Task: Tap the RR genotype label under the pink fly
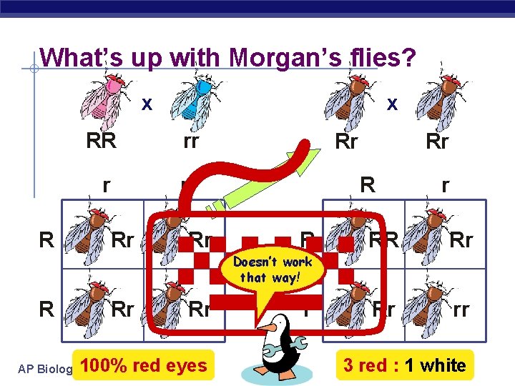pos(101,141)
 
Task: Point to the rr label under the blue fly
pos(190,141)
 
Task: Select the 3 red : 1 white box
pos(404,366)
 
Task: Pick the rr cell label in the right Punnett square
pos(461,310)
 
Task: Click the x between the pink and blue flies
pos(147,104)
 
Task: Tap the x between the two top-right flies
pos(391,104)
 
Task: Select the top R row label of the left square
pos(46,239)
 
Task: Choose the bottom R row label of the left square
pos(46,310)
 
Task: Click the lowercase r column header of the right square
pos(445,186)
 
